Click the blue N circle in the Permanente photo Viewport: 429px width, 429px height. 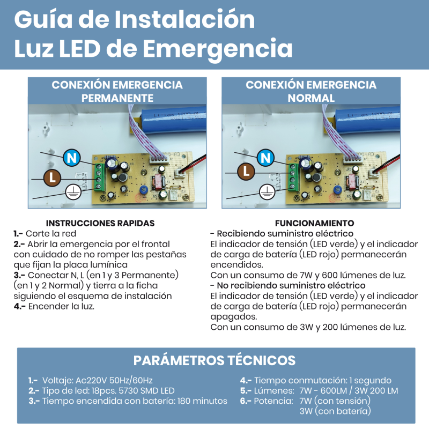(x=72, y=158)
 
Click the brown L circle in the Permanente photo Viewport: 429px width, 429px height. (x=52, y=178)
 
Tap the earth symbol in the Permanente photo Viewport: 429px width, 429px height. (x=73, y=192)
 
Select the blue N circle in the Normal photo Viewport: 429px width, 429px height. (x=265, y=158)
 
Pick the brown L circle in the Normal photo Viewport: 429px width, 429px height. (x=246, y=172)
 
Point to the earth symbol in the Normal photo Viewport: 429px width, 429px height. (x=267, y=192)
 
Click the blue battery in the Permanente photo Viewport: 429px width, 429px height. (x=173, y=119)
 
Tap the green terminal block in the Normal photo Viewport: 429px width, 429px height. (x=294, y=177)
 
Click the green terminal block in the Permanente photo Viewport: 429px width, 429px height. (x=100, y=177)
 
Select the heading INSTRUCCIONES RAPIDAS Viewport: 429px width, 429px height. (x=100, y=223)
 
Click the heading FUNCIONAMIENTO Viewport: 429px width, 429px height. (x=314, y=223)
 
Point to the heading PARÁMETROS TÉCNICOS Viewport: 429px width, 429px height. (x=214, y=360)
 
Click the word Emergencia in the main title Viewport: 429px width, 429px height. (x=218, y=49)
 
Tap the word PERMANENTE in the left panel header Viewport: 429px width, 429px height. (x=117, y=98)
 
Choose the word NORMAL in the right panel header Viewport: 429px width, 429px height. (x=311, y=98)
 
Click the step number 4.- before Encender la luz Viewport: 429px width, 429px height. (x=19, y=306)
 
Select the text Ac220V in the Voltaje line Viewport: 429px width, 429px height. (x=91, y=381)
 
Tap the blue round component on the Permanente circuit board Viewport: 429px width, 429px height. (x=144, y=190)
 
